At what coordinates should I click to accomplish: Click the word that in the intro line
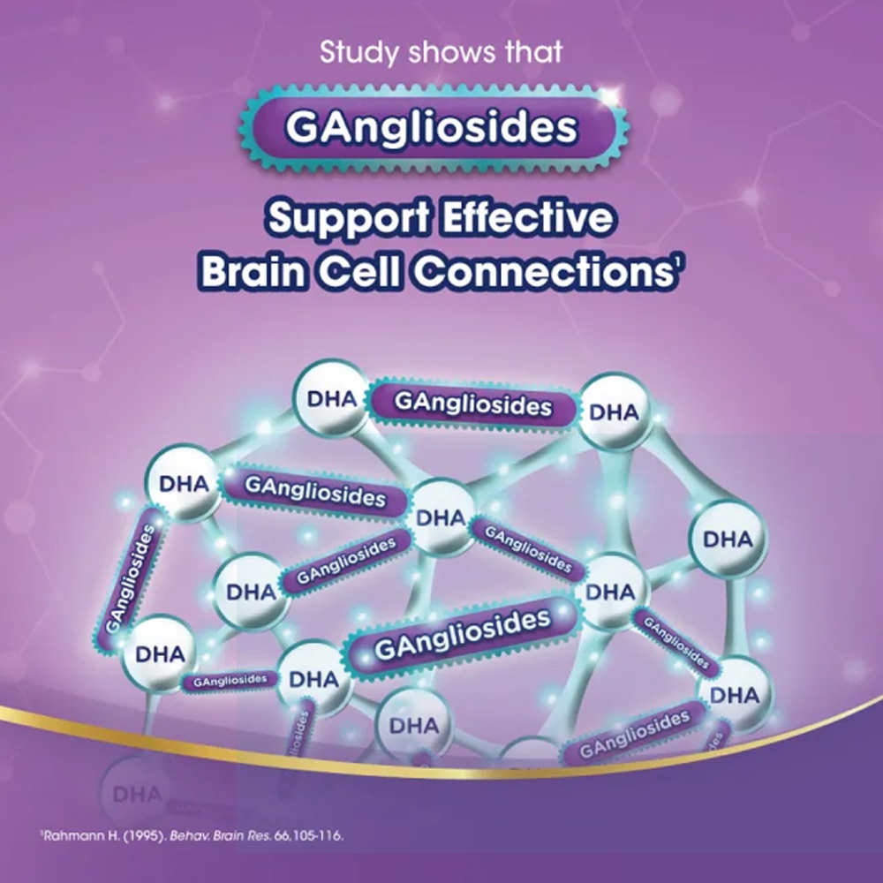point(532,52)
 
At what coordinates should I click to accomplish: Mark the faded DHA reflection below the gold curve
point(137,793)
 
